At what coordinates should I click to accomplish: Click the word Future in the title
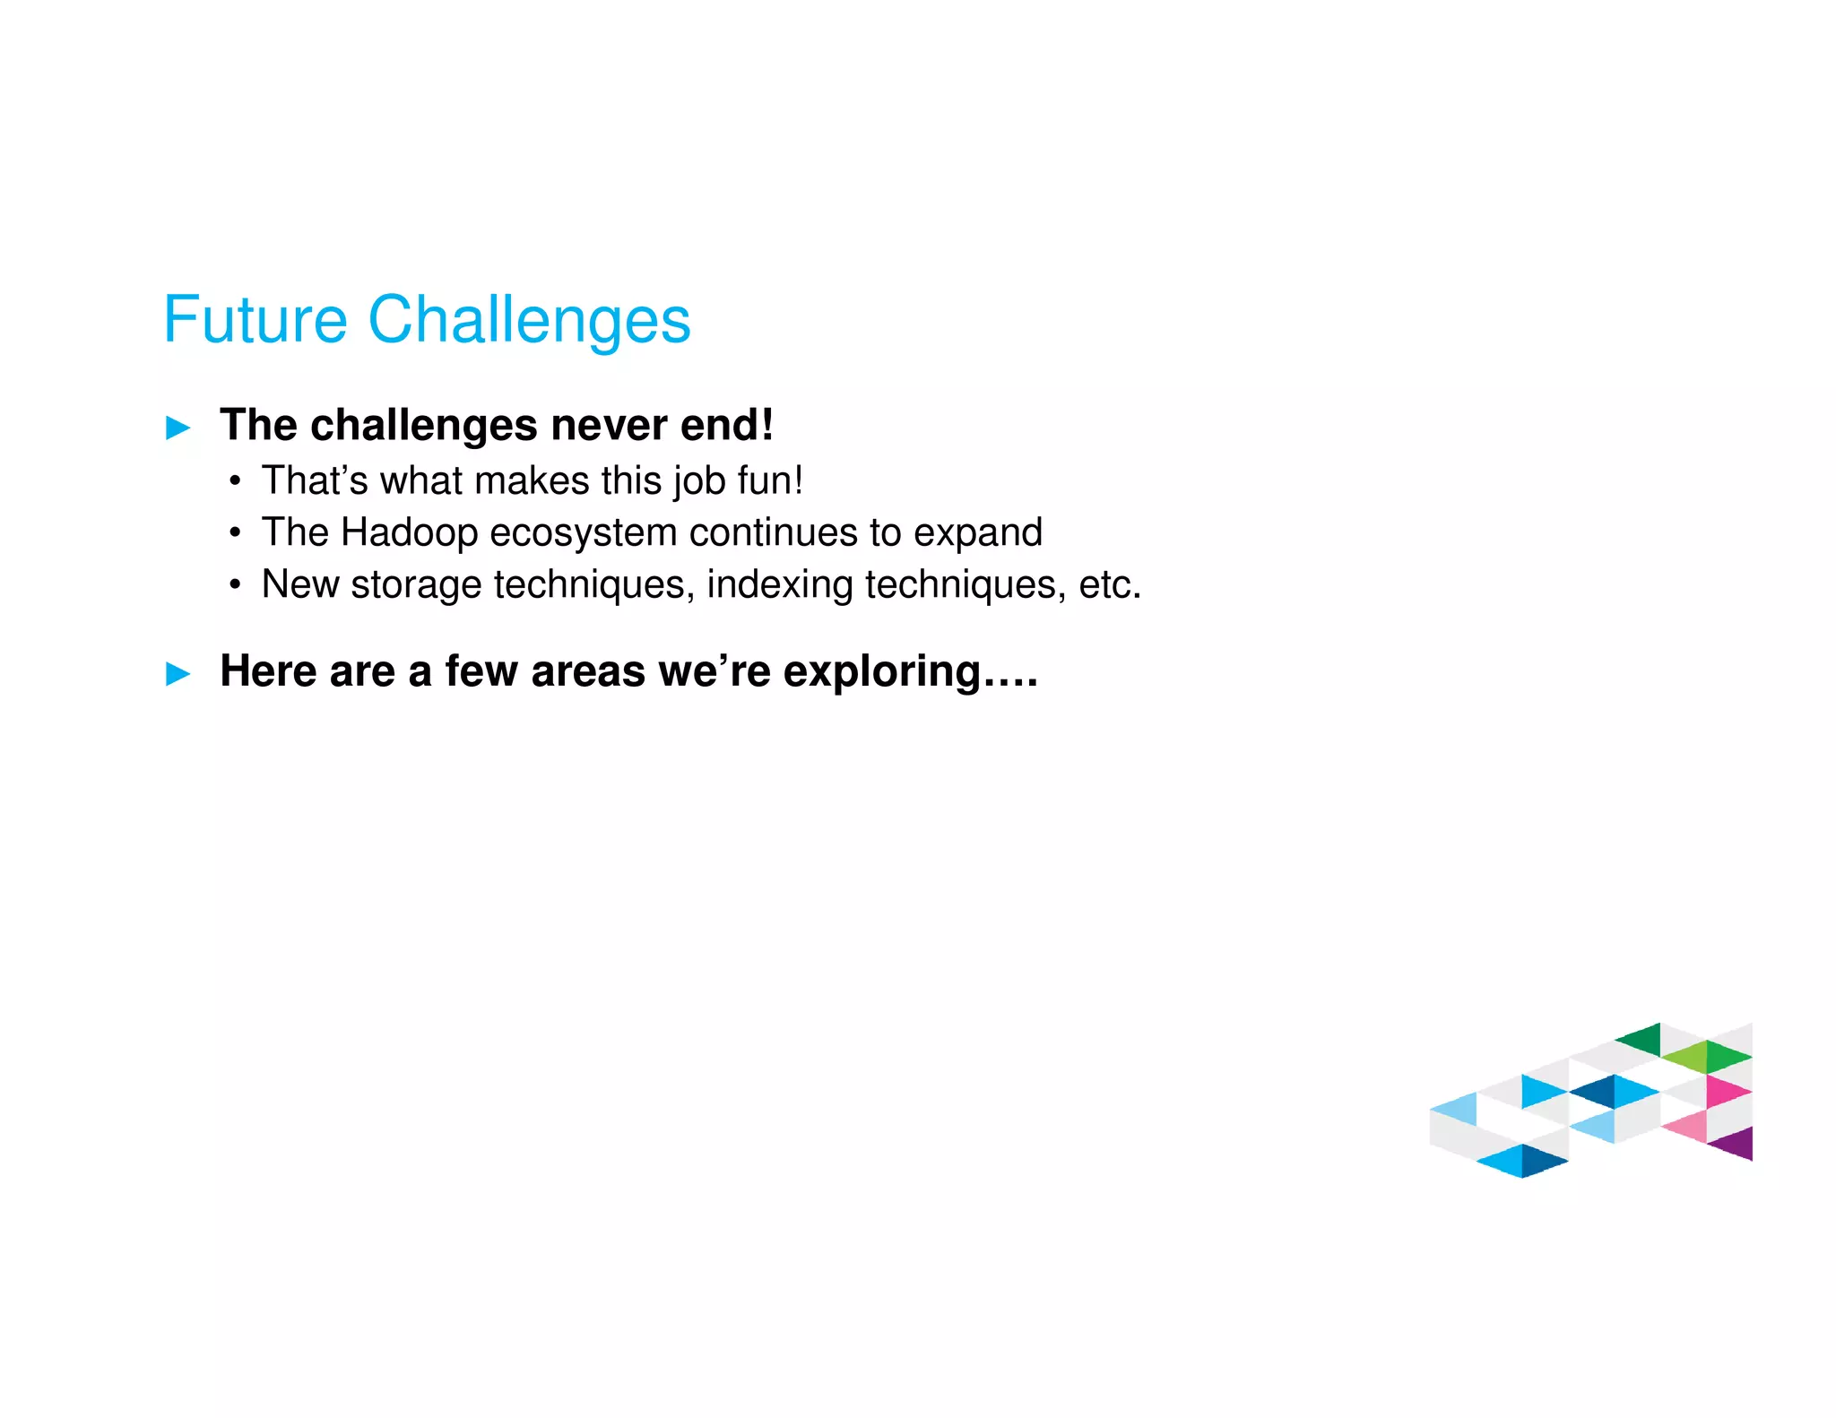(x=255, y=320)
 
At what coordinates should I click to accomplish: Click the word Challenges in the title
(x=529, y=320)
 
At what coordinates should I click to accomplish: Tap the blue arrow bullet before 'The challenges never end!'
(x=178, y=428)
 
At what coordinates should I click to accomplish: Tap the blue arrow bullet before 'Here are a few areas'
(x=178, y=673)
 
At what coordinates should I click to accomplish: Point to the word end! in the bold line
(x=727, y=425)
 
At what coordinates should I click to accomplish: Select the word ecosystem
(x=583, y=532)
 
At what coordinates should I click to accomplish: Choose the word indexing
(x=779, y=584)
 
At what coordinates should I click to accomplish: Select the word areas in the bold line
(x=587, y=671)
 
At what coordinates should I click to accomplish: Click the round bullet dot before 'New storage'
(x=235, y=585)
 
